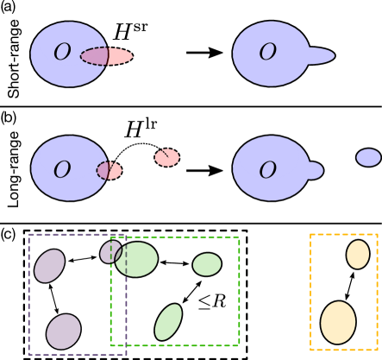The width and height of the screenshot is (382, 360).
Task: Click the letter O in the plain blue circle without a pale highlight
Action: tap(268, 53)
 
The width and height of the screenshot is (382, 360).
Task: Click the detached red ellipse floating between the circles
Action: tap(167, 157)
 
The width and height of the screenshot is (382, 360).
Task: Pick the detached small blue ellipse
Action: tap(368, 157)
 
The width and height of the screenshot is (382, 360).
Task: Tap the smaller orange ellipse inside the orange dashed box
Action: tap(358, 254)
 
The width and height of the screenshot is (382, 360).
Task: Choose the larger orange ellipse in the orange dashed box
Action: tap(338, 322)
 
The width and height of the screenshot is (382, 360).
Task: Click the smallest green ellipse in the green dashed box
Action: tap(207, 264)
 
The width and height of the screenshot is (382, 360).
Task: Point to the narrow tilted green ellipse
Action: tap(168, 322)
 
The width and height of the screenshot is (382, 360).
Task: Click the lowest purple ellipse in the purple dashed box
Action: tap(63, 332)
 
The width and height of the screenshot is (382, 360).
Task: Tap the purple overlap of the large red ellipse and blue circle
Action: tap(96, 56)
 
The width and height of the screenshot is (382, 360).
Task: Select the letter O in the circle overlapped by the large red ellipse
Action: tap(62, 53)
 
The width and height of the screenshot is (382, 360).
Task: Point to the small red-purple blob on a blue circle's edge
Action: tap(110, 170)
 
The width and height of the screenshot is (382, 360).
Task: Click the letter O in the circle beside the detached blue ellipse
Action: tap(268, 170)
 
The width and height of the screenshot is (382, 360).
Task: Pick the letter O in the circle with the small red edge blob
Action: tap(62, 170)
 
